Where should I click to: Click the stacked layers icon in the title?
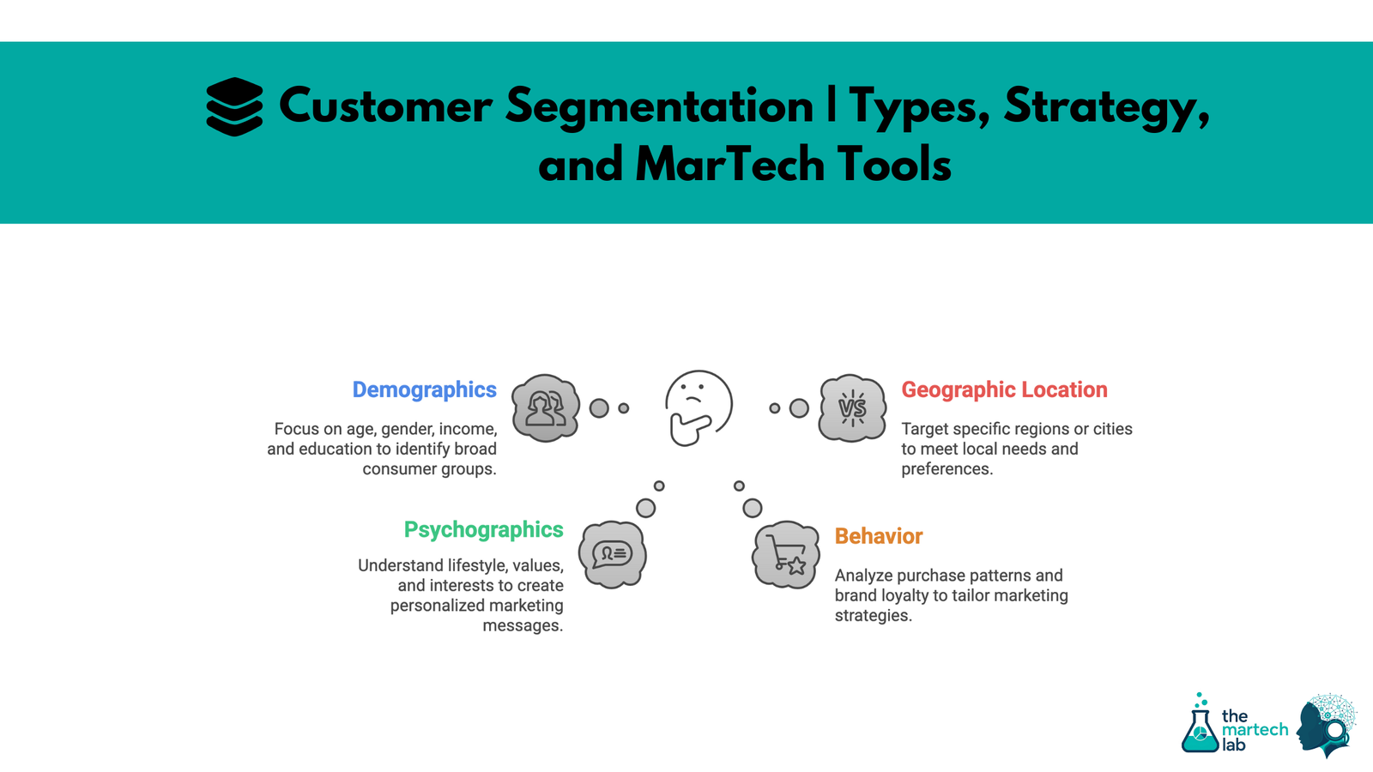click(x=234, y=106)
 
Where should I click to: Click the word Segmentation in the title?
click(x=658, y=106)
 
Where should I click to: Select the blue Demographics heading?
click(x=424, y=389)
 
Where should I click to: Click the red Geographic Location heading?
click(x=1004, y=389)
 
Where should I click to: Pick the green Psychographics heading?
click(x=483, y=529)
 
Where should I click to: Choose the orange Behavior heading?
click(x=878, y=536)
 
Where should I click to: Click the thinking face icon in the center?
click(x=698, y=407)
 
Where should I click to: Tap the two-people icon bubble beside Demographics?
click(x=545, y=408)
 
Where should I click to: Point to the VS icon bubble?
click(x=851, y=408)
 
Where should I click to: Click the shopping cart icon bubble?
click(x=785, y=554)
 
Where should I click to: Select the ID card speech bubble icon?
click(x=612, y=554)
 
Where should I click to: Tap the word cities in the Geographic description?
click(x=1112, y=429)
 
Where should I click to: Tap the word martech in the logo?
click(x=1255, y=730)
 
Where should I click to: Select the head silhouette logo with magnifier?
click(x=1326, y=726)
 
